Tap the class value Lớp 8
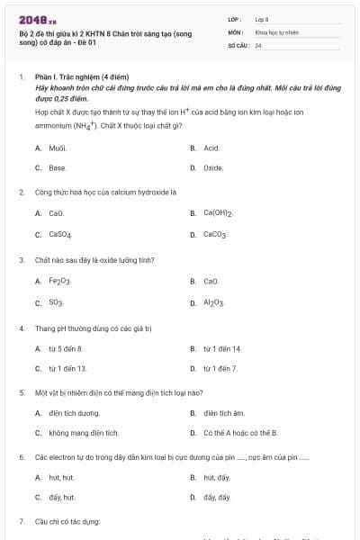(x=263, y=19)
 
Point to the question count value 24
(x=258, y=44)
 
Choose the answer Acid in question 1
(x=211, y=147)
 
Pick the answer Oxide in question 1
(x=213, y=167)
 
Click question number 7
(x=22, y=521)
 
